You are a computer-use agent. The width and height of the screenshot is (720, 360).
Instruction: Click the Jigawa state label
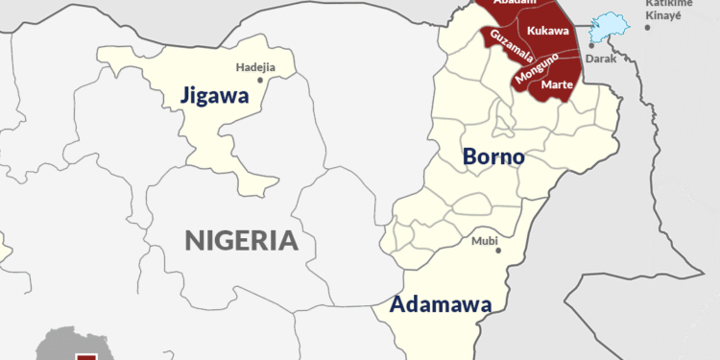[x=212, y=96]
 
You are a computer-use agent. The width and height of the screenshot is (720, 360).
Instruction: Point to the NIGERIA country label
[x=241, y=239]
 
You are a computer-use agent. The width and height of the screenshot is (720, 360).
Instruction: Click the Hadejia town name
[x=255, y=67]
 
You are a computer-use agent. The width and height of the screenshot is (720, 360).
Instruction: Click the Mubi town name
[x=485, y=240]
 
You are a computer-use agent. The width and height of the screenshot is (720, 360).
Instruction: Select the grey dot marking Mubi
[x=498, y=251]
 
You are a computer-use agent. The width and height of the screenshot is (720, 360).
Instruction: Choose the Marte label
[x=558, y=85]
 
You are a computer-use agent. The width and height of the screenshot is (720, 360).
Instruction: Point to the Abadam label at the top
[x=514, y=3]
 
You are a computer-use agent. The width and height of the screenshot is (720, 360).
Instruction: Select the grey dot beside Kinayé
[x=648, y=27]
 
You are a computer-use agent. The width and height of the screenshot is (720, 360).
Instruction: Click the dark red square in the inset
[x=87, y=356]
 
